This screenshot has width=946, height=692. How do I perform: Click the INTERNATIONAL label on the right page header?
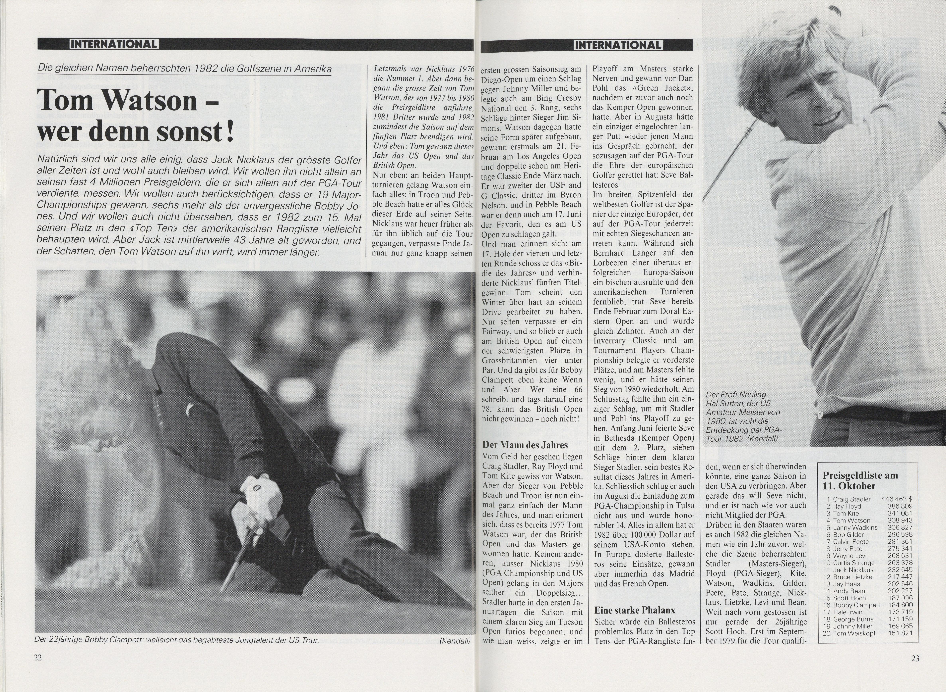[618, 45]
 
